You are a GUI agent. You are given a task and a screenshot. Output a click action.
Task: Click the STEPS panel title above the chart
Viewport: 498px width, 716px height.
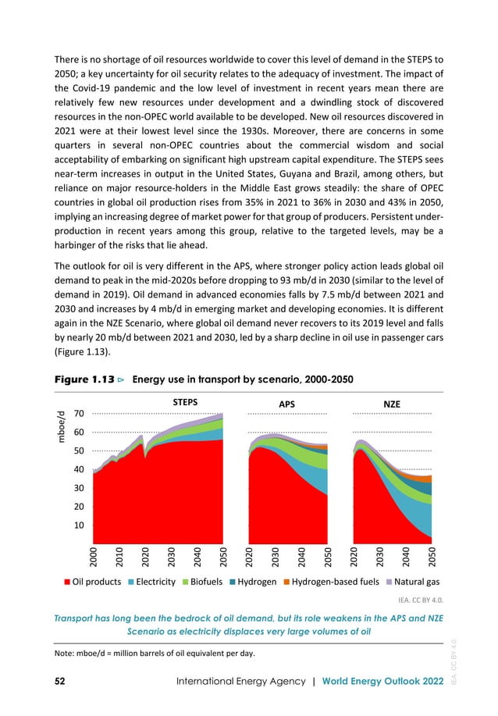click(x=184, y=402)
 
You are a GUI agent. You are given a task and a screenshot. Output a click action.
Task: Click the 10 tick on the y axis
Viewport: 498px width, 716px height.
click(x=79, y=525)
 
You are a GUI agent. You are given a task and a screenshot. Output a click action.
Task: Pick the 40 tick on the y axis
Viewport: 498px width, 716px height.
click(x=79, y=469)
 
